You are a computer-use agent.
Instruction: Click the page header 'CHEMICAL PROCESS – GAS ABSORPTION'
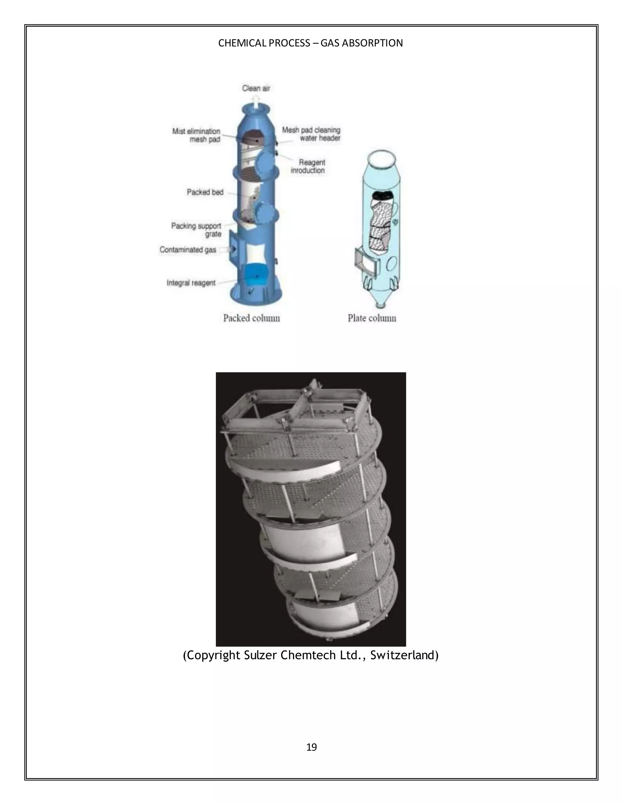tap(310, 43)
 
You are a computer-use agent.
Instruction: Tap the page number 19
tap(311, 747)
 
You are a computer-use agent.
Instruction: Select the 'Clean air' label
tap(256, 88)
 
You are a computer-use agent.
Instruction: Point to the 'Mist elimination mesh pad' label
tap(197, 135)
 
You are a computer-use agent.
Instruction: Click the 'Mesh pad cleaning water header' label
tap(311, 134)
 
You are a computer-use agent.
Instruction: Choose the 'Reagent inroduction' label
tap(308, 166)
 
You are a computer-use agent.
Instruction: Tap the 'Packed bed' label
tap(205, 192)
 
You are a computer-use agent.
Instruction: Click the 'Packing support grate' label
tap(197, 230)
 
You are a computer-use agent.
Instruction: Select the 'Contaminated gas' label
tap(188, 250)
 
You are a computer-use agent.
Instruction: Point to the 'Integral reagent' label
tap(191, 283)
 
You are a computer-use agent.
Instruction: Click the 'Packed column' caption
tap(251, 318)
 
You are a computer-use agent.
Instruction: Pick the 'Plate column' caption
tap(372, 318)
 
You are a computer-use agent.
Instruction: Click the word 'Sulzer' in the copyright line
tap(261, 655)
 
